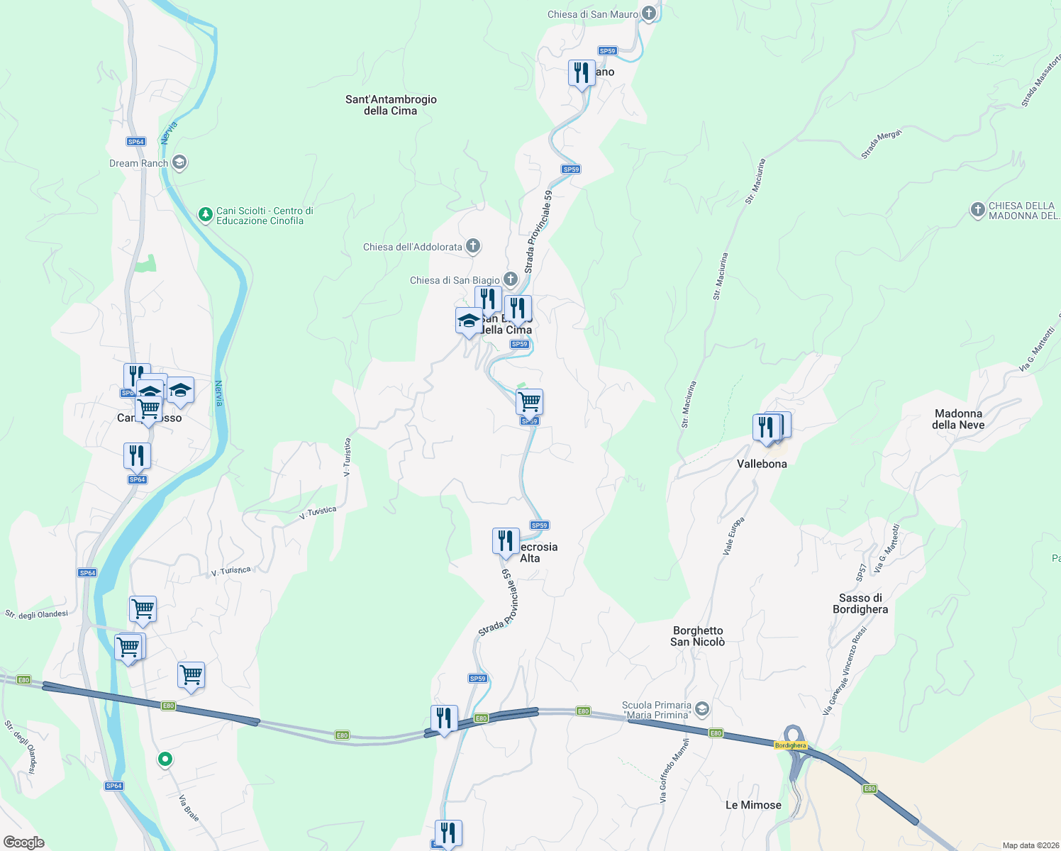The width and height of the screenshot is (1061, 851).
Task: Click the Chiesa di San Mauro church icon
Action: coord(648,13)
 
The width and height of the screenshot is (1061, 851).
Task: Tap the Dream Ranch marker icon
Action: coord(179,163)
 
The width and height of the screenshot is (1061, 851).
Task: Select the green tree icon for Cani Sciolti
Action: coord(205,214)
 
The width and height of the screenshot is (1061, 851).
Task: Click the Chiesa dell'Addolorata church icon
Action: coord(473,246)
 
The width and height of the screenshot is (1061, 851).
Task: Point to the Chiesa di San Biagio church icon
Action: coord(511,279)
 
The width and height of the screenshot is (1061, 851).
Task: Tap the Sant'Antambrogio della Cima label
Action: coord(391,105)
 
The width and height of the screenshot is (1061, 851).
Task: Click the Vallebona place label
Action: coord(762,464)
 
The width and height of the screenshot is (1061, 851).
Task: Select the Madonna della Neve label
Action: coord(958,419)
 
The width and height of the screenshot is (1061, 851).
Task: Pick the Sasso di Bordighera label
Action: coord(860,604)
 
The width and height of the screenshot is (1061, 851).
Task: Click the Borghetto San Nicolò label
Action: coord(698,636)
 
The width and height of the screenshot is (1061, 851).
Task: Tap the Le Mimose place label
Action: coord(753,805)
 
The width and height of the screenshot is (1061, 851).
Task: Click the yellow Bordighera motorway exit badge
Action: coord(790,745)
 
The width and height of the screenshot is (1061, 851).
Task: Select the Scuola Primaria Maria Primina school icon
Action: coord(701,708)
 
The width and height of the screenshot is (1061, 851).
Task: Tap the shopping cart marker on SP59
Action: coord(530,401)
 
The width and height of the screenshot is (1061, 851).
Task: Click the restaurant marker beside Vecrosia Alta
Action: coord(506,541)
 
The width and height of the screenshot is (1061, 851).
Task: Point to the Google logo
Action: coord(24,842)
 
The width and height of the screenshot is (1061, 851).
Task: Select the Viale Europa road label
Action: coord(733,535)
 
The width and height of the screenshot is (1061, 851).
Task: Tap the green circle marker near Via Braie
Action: coord(165,760)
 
